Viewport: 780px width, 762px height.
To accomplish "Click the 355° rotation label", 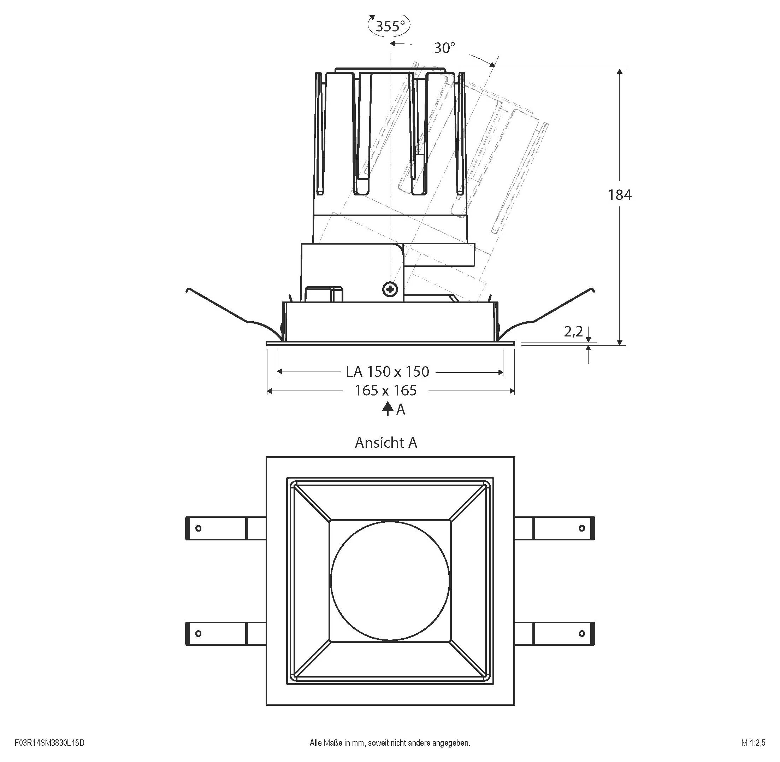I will click(390, 26).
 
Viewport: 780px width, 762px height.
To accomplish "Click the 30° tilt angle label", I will click(444, 48).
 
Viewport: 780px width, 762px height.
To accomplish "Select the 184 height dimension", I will click(620, 195).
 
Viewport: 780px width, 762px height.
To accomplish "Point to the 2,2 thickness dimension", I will click(573, 332).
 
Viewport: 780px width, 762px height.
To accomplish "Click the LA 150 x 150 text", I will click(387, 372).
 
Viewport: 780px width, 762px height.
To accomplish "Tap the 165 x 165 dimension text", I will click(386, 390).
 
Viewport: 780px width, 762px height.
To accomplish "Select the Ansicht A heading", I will click(386, 442).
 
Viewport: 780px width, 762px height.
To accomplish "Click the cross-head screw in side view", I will click(390, 289).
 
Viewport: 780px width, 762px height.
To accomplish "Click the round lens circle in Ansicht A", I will click(390, 581).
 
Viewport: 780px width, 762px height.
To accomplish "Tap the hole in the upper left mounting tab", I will click(198, 528).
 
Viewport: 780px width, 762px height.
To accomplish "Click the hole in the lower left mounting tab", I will click(198, 634).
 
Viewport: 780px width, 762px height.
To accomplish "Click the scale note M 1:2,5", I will click(753, 743).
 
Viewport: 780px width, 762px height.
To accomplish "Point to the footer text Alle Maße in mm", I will click(390, 743).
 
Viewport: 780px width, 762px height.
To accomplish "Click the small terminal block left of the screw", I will click(324, 294).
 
